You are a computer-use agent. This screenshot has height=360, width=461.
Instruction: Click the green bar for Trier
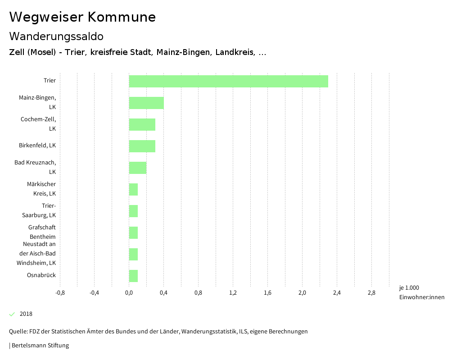click(228, 81)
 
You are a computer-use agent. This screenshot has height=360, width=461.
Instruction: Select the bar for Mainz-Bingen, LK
click(146, 103)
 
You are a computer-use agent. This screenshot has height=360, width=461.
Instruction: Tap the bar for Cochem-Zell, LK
click(142, 124)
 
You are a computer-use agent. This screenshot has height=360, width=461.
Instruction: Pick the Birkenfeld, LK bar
click(142, 146)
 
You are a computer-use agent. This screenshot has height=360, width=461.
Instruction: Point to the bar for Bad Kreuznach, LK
click(138, 168)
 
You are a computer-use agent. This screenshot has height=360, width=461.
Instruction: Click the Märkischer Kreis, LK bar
click(133, 189)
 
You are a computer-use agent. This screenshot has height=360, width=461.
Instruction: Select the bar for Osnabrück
click(133, 276)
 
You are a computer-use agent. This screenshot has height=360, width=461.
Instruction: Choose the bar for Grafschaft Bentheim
click(133, 232)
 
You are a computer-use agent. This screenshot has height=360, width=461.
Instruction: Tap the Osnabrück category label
click(41, 275)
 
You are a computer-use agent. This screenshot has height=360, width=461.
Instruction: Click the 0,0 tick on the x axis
click(129, 293)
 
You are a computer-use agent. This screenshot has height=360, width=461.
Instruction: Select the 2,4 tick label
click(337, 293)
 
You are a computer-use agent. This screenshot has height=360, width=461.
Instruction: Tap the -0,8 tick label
click(59, 293)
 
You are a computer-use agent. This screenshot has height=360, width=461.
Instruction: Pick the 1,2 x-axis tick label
click(233, 293)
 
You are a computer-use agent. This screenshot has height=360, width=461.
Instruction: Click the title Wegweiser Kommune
click(82, 17)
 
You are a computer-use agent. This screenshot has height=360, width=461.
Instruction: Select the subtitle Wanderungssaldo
click(56, 36)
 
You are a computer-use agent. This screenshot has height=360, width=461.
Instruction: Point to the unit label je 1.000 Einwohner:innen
click(421, 292)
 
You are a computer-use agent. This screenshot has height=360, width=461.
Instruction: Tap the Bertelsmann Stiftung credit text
click(40, 346)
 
